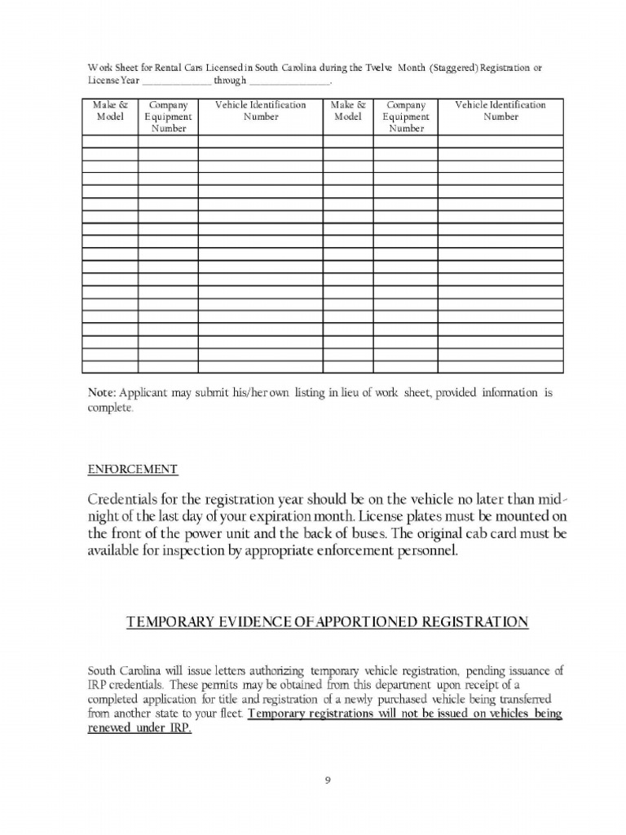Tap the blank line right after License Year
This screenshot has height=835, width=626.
[x=177, y=82]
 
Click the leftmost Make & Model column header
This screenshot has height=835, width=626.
[x=110, y=111]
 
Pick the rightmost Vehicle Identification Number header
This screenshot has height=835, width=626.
[x=500, y=111]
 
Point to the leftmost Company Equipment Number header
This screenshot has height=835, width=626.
[x=168, y=117]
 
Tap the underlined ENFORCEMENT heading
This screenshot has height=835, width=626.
[x=132, y=469]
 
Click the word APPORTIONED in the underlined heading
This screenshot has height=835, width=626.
[x=359, y=622]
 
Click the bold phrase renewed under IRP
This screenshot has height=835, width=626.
[x=139, y=729]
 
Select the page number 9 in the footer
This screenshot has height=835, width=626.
[x=327, y=780]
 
